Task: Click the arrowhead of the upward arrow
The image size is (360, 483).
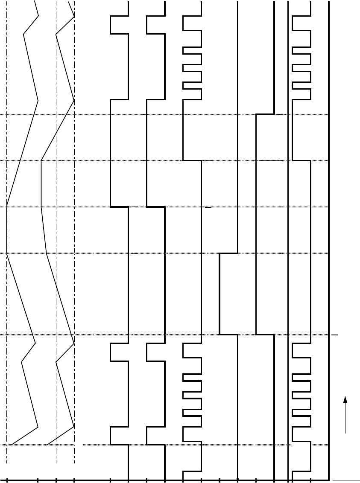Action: tap(345, 399)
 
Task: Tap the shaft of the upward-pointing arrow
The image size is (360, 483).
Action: tap(345, 418)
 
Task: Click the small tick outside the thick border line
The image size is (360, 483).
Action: tap(335, 335)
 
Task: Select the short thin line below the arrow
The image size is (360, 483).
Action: tap(346, 480)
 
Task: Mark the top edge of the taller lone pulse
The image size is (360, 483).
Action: tap(265, 114)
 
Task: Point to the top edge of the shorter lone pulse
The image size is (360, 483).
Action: tap(228, 253)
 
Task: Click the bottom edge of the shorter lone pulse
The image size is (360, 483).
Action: tap(228, 335)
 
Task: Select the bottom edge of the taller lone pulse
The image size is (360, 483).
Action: tap(265, 335)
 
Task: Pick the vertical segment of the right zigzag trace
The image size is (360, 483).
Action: tap(41, 184)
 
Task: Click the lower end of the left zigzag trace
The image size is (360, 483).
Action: tap(12, 445)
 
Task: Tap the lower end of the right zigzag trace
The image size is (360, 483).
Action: tap(47, 445)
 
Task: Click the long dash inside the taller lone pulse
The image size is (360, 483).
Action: tap(270, 161)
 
